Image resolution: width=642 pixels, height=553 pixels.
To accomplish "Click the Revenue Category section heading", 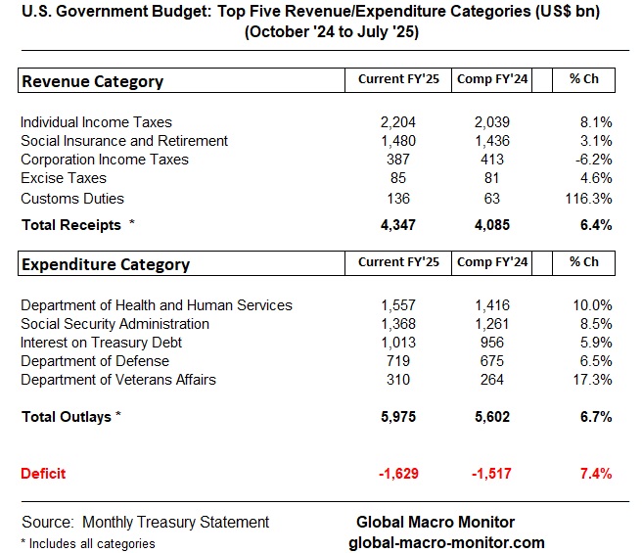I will pos(92,81).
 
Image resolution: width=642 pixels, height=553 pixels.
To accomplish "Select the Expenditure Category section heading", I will pos(106,264).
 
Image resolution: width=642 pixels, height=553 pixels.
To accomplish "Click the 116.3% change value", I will pos(589,198).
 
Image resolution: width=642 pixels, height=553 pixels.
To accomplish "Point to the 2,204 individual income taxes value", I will pos(398,122).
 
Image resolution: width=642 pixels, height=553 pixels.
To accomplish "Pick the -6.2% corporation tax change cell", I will pos(593,160).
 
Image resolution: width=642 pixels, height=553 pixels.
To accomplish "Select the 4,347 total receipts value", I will pos(398,225).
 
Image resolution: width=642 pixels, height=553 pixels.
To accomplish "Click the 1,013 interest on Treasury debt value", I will pos(398,343).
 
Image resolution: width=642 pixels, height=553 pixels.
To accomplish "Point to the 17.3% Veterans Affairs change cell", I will pos(593,380).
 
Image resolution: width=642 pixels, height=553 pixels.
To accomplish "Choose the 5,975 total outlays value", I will pos(398,417).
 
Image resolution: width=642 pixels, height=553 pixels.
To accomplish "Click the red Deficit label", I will pos(44,474).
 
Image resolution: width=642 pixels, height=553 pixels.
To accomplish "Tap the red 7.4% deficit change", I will pos(595,474).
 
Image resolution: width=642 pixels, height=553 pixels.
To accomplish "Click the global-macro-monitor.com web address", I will pos(446,542).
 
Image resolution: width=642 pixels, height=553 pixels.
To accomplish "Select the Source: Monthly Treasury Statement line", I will pos(145,522).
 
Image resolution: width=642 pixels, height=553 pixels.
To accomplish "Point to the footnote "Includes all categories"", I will pos(87,543).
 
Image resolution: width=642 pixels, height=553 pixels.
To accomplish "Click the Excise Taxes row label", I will pos(64,178).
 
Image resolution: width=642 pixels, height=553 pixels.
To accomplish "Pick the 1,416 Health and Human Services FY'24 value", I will pos(491,305).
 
